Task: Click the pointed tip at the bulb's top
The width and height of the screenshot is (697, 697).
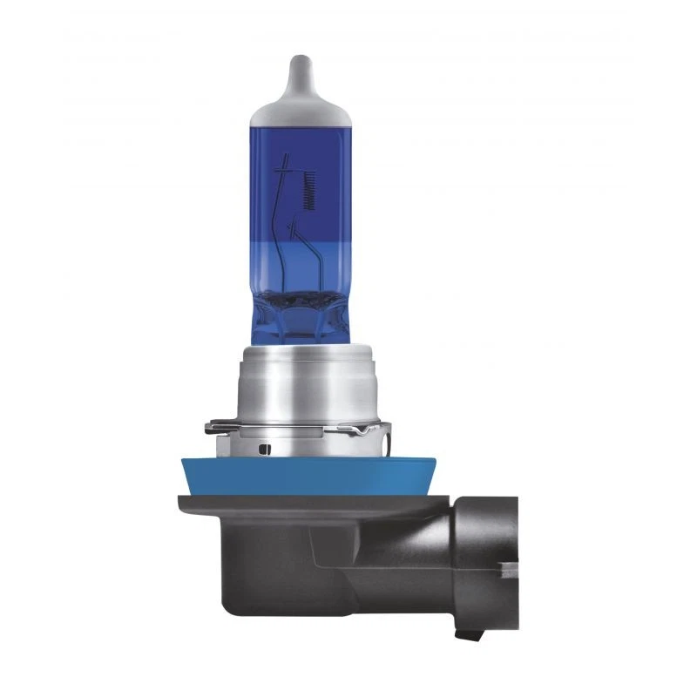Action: click(299, 61)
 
